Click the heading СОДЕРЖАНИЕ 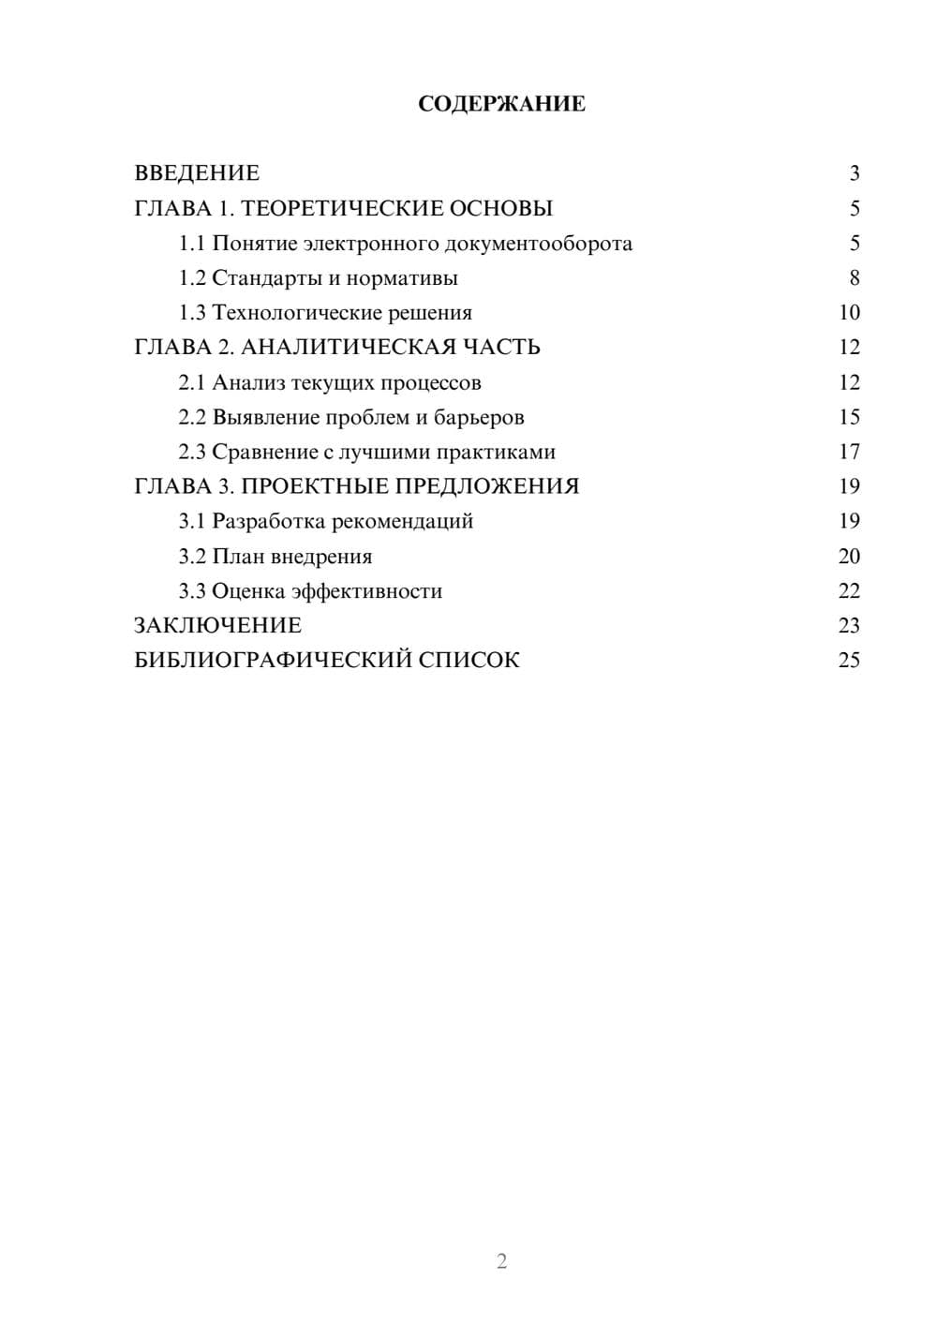click(x=501, y=104)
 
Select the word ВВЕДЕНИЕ click(x=197, y=173)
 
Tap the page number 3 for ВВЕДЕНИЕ click(x=854, y=173)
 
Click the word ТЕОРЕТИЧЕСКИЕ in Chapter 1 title click(x=335, y=208)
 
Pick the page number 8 click(x=854, y=278)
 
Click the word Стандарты click(x=260, y=278)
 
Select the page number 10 click(x=849, y=313)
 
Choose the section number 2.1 click(x=192, y=382)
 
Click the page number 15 click(x=849, y=417)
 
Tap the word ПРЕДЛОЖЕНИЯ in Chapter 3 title click(x=486, y=486)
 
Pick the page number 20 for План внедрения click(x=849, y=557)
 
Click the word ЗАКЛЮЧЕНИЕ click(x=217, y=626)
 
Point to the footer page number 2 click(x=501, y=1261)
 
